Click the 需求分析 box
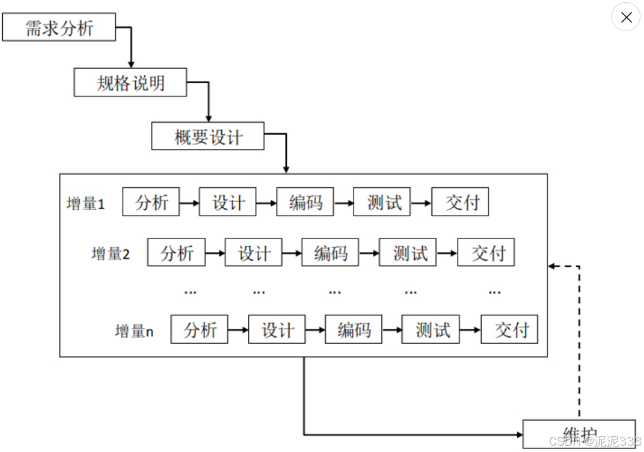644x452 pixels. tap(59, 28)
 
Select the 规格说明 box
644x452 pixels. tap(131, 83)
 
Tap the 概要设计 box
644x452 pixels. tap(208, 136)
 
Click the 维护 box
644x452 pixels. tap(579, 434)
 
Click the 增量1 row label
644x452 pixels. tap(86, 204)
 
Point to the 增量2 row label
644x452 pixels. tap(111, 254)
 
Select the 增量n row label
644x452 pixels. tap(134, 331)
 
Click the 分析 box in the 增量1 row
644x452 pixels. tap(151, 202)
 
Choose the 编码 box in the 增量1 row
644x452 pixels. tap(305, 202)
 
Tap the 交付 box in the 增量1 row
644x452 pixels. tap(460, 202)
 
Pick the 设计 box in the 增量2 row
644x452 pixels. tap(254, 253)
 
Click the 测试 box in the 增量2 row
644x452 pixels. tap(409, 253)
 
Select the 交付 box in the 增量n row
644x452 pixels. tap(510, 330)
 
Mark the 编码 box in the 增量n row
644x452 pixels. tap(354, 330)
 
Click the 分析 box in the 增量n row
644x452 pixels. tap(200, 330)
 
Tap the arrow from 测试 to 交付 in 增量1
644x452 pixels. tap(420, 203)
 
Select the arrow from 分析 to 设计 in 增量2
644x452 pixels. tap(215, 254)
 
